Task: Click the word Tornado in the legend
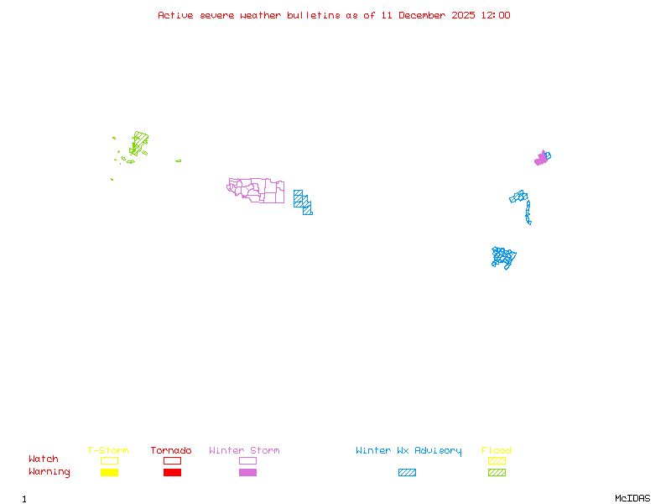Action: (x=171, y=451)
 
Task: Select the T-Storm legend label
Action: (x=108, y=451)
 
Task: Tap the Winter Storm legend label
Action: (x=244, y=451)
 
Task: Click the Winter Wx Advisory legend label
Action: (x=408, y=451)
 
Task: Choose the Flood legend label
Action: (x=497, y=451)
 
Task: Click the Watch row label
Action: (x=44, y=459)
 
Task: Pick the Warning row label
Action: (x=49, y=472)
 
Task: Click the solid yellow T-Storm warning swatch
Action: (x=109, y=472)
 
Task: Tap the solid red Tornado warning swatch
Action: (x=172, y=472)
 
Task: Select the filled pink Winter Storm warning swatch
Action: (x=247, y=472)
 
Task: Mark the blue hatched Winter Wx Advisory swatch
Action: (x=407, y=472)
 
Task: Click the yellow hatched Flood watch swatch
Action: (x=497, y=460)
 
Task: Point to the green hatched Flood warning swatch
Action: (x=497, y=472)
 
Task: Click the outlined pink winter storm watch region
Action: (x=257, y=190)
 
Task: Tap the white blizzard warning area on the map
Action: (x=533, y=223)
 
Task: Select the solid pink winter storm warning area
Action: (x=541, y=158)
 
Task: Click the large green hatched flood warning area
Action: (x=138, y=141)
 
